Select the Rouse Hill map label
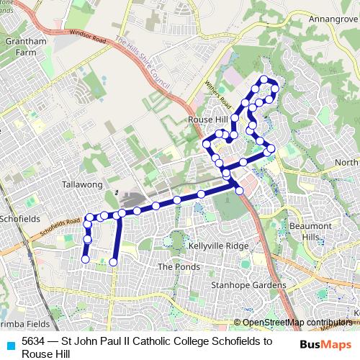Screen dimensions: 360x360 coord(206,120)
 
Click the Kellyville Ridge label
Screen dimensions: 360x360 coord(217,246)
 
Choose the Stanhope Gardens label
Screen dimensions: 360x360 coord(248,285)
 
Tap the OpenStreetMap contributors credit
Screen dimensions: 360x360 coord(297,323)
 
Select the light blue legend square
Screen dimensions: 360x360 coord(10,344)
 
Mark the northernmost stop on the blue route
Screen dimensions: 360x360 coord(264,79)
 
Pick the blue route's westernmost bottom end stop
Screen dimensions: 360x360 coord(85,258)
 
